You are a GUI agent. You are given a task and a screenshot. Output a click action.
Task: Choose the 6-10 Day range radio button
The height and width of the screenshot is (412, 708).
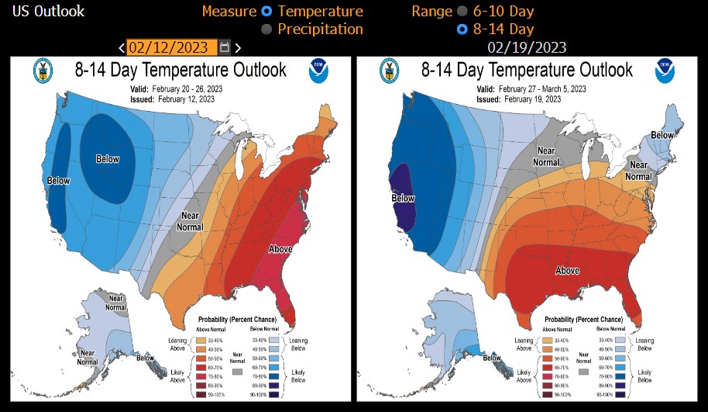coord(462,12)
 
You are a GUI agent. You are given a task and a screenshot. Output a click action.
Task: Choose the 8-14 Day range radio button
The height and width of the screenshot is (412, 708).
coord(462,29)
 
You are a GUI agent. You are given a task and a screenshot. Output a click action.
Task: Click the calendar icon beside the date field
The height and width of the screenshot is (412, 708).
coord(224,47)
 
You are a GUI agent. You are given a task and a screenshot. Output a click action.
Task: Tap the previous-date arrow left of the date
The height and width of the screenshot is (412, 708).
coord(122,48)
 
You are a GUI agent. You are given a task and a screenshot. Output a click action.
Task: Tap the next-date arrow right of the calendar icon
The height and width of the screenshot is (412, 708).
coord(238,48)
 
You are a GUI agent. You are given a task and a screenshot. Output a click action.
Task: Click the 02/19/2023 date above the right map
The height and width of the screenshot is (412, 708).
coord(527,48)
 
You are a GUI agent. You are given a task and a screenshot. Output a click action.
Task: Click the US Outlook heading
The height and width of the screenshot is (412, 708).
coord(43,12)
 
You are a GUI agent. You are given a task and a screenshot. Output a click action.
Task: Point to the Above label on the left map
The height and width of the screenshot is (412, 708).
coord(280,249)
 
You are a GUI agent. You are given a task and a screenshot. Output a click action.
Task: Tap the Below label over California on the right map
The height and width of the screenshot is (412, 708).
coord(404,198)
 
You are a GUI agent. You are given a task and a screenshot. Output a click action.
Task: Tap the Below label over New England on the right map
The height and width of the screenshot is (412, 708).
coord(662,135)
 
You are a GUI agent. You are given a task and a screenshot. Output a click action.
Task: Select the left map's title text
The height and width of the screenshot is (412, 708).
coord(180,70)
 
